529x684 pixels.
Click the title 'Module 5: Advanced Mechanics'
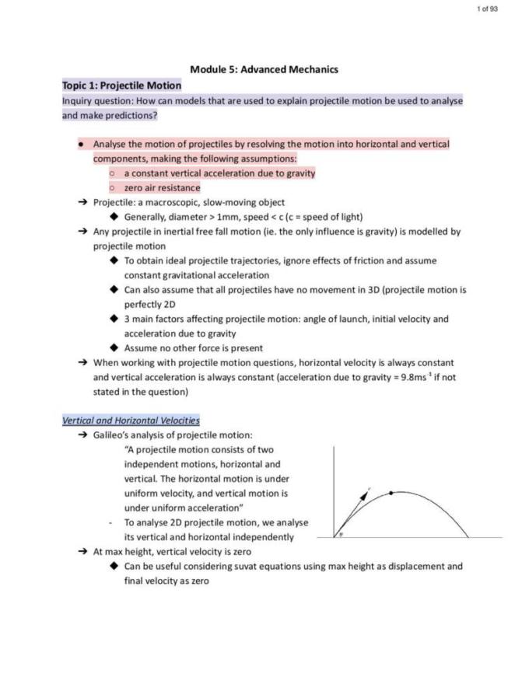264,69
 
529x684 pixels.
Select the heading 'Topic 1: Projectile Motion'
122,85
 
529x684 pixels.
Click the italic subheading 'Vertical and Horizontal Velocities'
131,421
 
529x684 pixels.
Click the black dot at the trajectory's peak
391,493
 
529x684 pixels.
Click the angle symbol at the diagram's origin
341,534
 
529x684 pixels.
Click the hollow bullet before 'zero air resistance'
113,187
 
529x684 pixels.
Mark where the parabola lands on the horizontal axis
468,537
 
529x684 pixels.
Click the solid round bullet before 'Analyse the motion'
80,144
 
